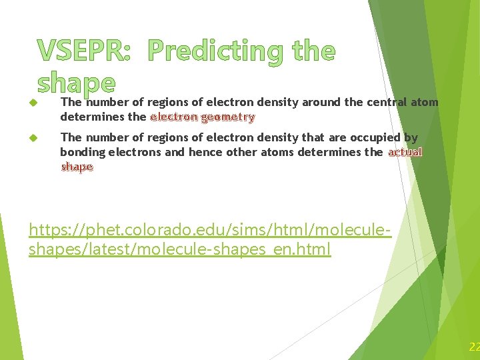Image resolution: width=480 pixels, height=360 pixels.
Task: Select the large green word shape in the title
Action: [x=77, y=83]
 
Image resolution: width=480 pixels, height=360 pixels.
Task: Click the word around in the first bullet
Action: [x=319, y=103]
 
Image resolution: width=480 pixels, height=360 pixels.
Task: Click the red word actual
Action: [x=405, y=152]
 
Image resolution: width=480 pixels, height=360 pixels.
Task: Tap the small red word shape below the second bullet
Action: [x=77, y=167]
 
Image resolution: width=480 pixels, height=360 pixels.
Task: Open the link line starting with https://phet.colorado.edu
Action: [x=209, y=231]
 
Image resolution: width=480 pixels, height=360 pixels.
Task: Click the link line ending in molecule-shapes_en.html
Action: [x=180, y=250]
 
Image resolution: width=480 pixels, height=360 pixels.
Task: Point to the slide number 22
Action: [x=474, y=347]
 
